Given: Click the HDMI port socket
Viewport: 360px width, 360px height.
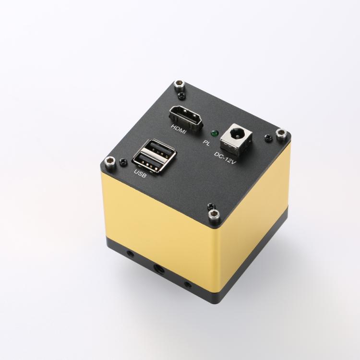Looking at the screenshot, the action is point(186,118).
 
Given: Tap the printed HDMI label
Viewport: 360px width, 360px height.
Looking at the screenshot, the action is point(179,129).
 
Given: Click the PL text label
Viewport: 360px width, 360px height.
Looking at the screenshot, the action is point(206,143).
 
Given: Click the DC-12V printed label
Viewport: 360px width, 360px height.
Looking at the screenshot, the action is point(225,158).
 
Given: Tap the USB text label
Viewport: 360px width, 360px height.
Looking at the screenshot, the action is point(140,174).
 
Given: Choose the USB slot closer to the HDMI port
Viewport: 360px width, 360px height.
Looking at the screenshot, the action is point(158,148).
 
